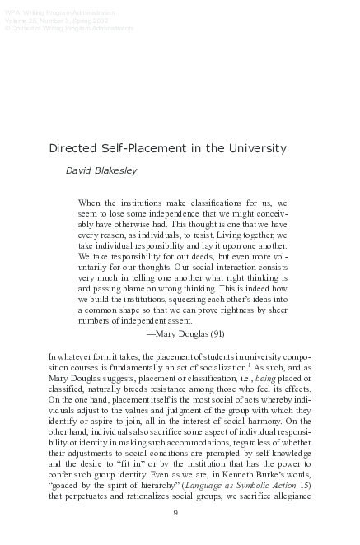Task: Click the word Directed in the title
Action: [72, 149]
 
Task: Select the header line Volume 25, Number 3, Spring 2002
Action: [48, 21]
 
